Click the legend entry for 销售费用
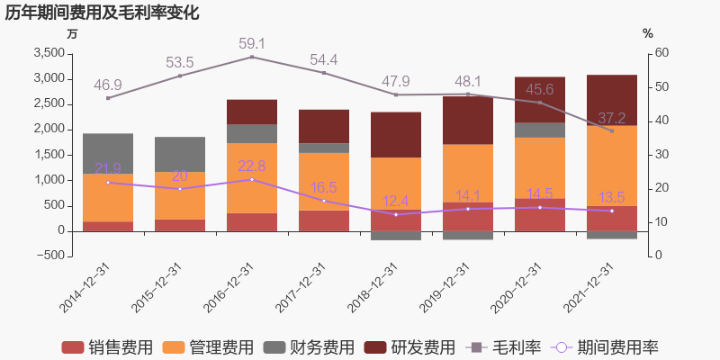click(x=107, y=347)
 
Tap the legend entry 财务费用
click(x=309, y=347)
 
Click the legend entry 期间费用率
click(x=611, y=347)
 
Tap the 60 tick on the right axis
click(x=661, y=53)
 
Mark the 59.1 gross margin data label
click(x=252, y=43)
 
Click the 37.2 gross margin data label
click(x=612, y=118)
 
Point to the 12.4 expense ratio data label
click(x=396, y=201)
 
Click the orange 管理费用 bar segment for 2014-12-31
click(x=108, y=197)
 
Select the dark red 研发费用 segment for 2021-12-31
click(x=612, y=100)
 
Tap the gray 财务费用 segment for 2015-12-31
click(x=180, y=154)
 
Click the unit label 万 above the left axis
click(x=73, y=33)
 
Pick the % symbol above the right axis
click(x=648, y=33)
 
